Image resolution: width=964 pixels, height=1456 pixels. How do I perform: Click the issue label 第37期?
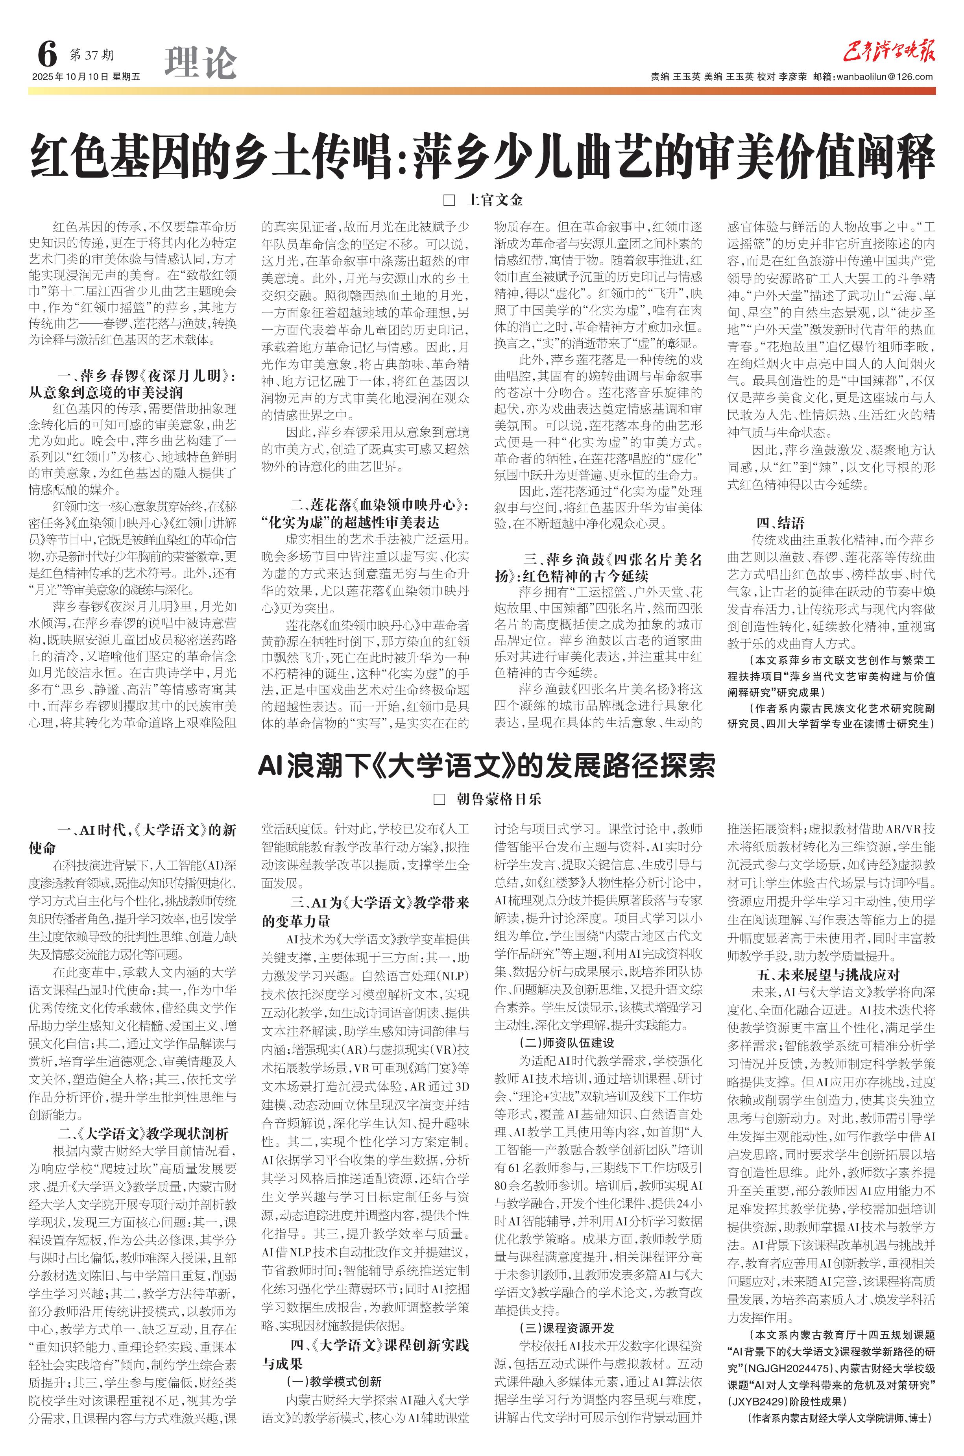click(92, 55)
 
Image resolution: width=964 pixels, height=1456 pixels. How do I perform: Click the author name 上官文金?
click(495, 200)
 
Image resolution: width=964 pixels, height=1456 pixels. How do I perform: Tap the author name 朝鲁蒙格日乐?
click(499, 799)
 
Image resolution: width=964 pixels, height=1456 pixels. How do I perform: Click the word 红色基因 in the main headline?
click(110, 157)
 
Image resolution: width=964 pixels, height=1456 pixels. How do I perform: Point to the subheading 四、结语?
click(780, 523)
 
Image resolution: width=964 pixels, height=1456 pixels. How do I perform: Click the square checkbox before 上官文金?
click(449, 200)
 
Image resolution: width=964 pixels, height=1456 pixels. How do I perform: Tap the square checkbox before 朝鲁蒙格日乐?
click(439, 799)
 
